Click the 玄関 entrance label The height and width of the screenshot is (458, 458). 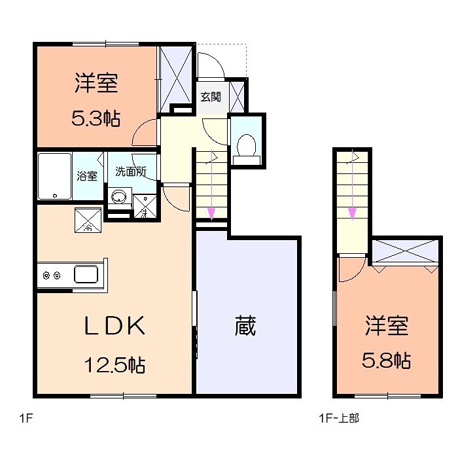pos(210,97)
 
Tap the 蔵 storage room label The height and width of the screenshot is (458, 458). pos(245,325)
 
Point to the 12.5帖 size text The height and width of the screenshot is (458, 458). pos(115,364)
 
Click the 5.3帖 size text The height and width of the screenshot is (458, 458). pos(96,118)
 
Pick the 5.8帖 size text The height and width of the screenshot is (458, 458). pos(387,360)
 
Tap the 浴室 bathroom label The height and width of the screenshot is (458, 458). pos(87,175)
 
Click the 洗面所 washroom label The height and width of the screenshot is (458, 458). pos(130,172)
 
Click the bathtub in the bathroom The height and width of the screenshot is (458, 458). pos(54,176)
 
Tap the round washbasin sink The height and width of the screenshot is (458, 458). pos(119,196)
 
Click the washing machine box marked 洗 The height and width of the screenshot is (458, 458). pos(143,206)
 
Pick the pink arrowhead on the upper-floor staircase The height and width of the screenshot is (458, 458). pos(353,213)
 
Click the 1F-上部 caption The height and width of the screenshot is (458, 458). pos(338,417)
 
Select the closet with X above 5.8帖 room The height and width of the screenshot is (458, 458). pos(404,253)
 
